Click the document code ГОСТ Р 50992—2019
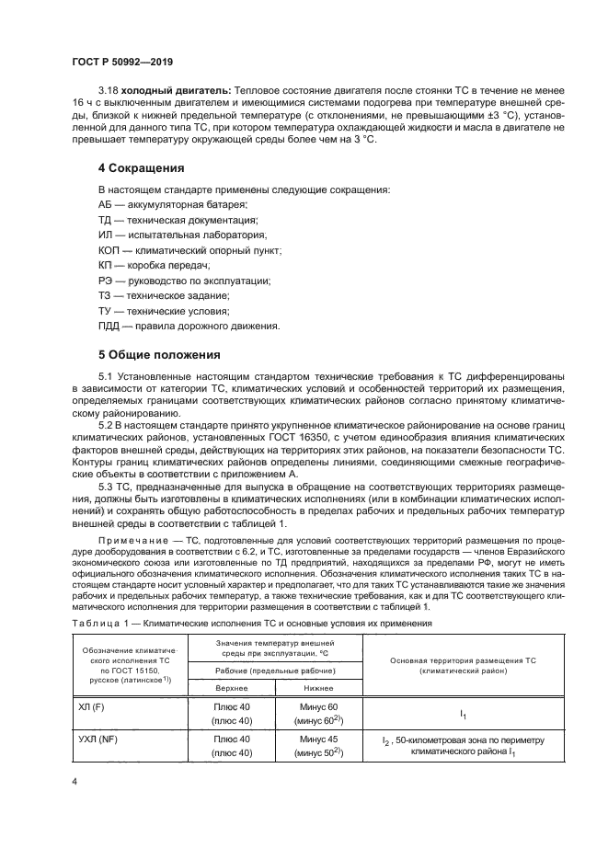click(122, 62)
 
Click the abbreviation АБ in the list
click(105, 203)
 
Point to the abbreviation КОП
click(109, 250)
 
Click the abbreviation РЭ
click(105, 281)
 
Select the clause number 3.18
click(109, 93)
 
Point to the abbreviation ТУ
click(104, 311)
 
